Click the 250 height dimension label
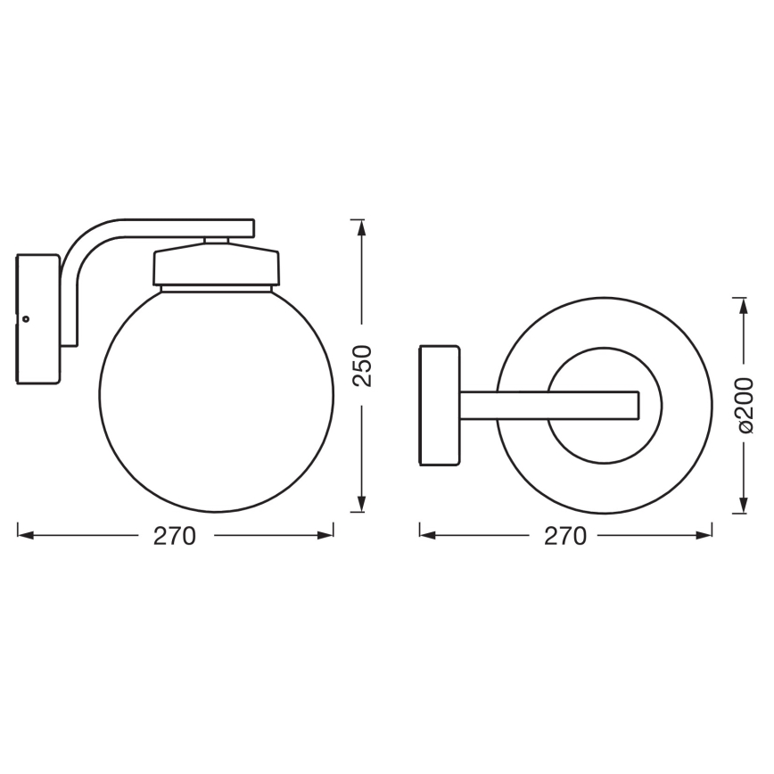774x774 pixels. (x=360, y=366)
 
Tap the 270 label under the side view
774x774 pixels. (x=175, y=535)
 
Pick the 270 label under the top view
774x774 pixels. (x=565, y=535)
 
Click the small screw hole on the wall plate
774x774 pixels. (x=26, y=318)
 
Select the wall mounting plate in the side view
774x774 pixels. (x=38, y=318)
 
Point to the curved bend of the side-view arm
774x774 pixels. (x=80, y=245)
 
